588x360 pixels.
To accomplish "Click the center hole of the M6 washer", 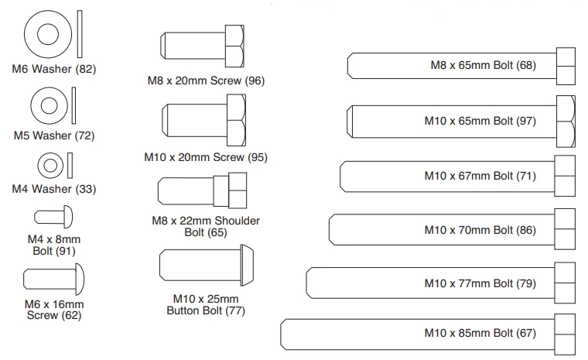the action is coord(48,34).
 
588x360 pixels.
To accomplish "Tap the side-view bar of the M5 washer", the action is coord(73,105).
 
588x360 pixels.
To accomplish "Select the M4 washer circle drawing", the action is coord(50,165).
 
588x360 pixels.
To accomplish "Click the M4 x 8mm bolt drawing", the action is coord(53,217).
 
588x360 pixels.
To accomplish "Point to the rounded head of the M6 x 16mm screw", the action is coord(80,279).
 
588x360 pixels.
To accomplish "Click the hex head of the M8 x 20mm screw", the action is coord(234,46).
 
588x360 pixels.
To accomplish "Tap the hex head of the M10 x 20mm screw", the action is coord(237,120).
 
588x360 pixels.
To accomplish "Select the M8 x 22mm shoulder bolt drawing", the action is coord(202,190).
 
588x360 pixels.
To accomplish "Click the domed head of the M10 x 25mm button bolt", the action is coord(247,265).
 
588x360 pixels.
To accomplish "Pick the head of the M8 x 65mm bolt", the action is coord(566,66).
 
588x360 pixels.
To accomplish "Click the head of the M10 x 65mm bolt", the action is coord(566,122).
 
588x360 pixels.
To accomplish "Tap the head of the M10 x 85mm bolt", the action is coord(565,334).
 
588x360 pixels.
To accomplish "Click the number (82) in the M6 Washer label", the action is coord(86,69).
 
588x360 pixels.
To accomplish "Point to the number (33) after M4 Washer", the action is coord(86,189).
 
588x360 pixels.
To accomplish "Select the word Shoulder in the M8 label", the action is coord(238,221).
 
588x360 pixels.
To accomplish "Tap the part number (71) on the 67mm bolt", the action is coord(526,176).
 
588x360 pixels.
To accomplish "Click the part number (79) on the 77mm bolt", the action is coord(526,283).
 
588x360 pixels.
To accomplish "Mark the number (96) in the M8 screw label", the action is coord(255,81).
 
